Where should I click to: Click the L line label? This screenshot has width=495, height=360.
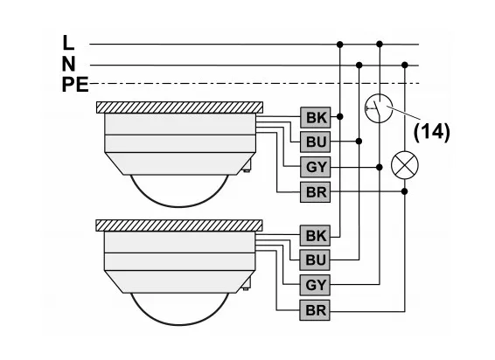[68, 43]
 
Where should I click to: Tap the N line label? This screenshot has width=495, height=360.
[69, 64]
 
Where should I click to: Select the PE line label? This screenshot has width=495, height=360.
[75, 85]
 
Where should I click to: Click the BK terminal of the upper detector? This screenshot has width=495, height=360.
[316, 117]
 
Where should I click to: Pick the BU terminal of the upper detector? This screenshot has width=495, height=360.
[316, 142]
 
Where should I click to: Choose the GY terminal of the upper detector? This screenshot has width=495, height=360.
[316, 167]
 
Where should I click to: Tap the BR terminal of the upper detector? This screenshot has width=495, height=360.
[316, 192]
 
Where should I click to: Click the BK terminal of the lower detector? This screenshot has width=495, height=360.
[315, 235]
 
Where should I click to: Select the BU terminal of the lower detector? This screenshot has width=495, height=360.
[315, 260]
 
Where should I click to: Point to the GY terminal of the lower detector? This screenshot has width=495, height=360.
[315, 285]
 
